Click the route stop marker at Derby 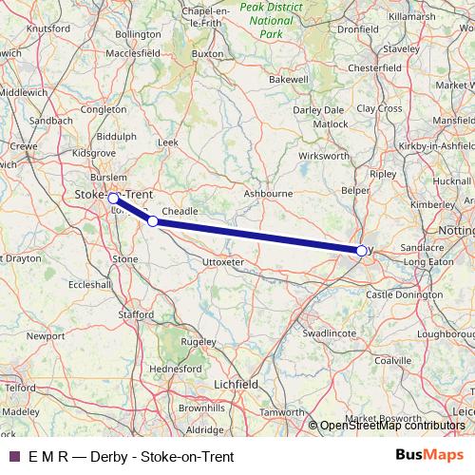[361, 251]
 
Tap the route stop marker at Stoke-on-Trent [113, 198]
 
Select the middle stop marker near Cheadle [153, 221]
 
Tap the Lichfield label [236, 383]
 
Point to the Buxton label [206, 54]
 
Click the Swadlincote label [329, 333]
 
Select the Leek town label [167, 142]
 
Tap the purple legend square [14, 456]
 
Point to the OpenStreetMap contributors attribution [392, 426]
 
